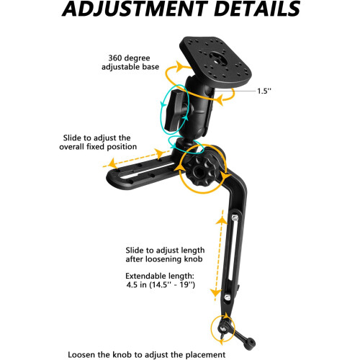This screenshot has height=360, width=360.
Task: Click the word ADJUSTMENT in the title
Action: pyautogui.click(x=135, y=9)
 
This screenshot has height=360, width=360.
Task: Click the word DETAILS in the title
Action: pyautogui.click(x=257, y=9)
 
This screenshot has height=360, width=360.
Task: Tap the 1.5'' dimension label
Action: pyautogui.click(x=264, y=91)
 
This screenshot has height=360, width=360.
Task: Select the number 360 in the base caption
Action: pyautogui.click(x=114, y=58)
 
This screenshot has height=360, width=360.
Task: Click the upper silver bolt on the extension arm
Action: pyautogui.click(x=235, y=218)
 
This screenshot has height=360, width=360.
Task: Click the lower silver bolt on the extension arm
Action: pyautogui.click(x=228, y=297)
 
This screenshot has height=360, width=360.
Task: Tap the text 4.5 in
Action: pyautogui.click(x=136, y=285)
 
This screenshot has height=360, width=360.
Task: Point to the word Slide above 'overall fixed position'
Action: pyautogui.click(x=72, y=138)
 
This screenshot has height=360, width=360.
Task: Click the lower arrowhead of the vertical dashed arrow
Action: pyautogui.click(x=215, y=292)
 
